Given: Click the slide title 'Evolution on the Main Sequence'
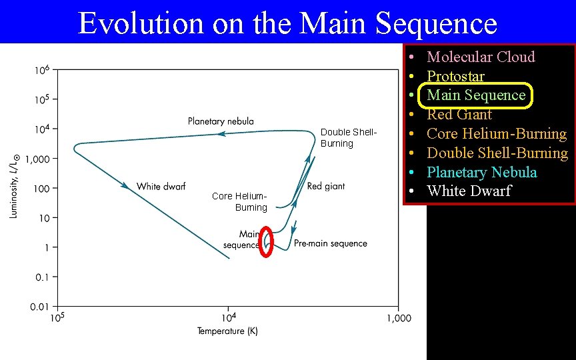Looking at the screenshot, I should click(287, 23).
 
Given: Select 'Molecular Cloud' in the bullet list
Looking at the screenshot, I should click(481, 57).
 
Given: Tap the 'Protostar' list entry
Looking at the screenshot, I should click(455, 76).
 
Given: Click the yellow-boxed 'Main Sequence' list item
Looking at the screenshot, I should click(476, 95).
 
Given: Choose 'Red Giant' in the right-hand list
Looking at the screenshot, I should click(459, 115).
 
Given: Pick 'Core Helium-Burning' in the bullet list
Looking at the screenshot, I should click(497, 134).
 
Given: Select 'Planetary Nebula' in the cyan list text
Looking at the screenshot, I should click(481, 172).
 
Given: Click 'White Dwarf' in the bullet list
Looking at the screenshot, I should click(469, 191).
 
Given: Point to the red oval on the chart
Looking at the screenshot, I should click(266, 242).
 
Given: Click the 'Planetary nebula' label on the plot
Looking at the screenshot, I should click(221, 121).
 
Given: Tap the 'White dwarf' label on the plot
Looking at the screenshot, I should click(161, 186).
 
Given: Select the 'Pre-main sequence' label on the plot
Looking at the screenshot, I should click(330, 243).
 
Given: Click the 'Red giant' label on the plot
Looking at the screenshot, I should click(326, 186).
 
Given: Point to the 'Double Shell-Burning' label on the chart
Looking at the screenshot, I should click(348, 138).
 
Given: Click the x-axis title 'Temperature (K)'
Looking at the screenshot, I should click(227, 331).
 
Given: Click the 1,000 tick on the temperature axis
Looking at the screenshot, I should click(399, 319).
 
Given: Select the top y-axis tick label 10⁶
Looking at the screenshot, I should click(41, 70).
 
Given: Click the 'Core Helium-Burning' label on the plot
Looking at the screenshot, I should click(240, 201).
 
